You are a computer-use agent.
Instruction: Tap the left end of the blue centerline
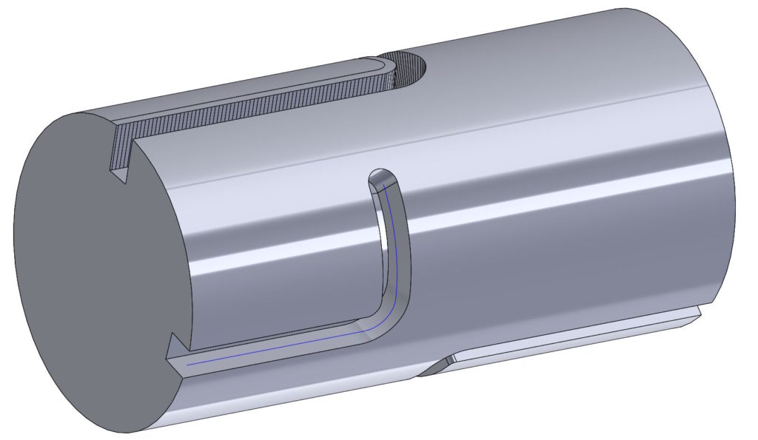pos(188,364)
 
